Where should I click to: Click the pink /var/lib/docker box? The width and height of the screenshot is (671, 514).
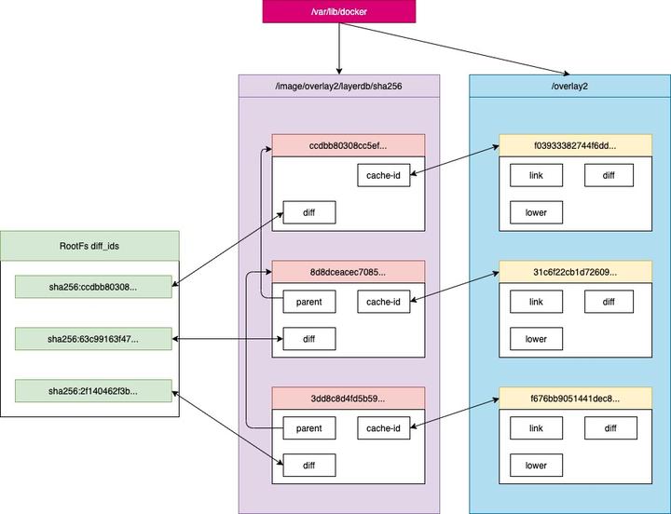point(338,13)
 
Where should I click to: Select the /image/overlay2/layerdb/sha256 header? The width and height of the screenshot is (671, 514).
point(337,87)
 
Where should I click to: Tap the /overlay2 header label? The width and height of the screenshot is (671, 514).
point(568,87)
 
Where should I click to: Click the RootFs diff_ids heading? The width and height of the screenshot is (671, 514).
point(89,245)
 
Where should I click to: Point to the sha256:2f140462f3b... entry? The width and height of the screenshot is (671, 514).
point(94,391)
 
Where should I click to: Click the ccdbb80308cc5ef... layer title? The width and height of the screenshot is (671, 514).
point(348,145)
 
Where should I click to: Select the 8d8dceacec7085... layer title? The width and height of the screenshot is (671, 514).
point(348,272)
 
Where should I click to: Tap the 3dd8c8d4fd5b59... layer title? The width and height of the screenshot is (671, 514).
point(348,399)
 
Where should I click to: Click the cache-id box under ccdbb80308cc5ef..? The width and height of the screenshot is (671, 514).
point(384,174)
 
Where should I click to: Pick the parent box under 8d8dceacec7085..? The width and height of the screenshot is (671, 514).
point(308,301)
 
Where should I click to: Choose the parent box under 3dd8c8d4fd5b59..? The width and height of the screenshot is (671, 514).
point(308,428)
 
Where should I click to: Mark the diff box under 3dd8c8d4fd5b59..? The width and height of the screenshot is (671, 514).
point(308,465)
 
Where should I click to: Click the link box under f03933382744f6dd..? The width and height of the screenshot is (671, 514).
point(536,174)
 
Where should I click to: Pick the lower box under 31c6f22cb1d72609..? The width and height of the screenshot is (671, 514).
point(536,339)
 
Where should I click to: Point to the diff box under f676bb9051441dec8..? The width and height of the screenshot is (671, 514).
point(609,428)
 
